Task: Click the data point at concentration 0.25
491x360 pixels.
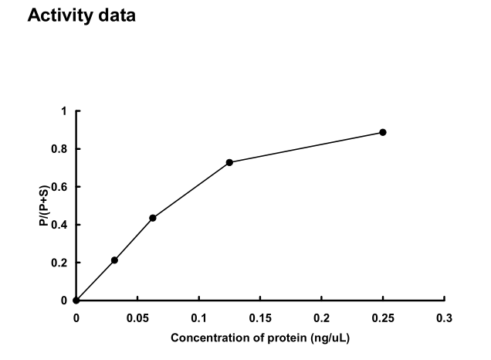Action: (x=382, y=132)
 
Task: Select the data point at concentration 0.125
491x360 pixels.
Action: (x=229, y=162)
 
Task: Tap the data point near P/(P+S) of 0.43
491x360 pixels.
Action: (x=153, y=218)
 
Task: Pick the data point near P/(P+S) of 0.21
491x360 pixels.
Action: (x=114, y=260)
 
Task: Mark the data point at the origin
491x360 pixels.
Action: (x=76, y=301)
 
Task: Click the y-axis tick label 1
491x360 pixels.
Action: (x=65, y=111)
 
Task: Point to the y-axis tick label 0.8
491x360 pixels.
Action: (x=61, y=149)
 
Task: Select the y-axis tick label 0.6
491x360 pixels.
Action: (x=61, y=187)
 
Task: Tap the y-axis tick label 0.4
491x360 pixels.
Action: (x=61, y=225)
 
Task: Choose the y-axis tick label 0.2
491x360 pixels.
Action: (x=61, y=263)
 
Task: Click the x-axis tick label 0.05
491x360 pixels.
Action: (x=137, y=318)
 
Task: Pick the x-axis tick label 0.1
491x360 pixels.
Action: (x=198, y=318)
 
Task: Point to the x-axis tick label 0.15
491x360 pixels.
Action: (x=259, y=318)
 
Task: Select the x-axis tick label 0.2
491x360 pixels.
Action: (x=321, y=318)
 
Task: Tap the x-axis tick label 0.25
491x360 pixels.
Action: (x=382, y=318)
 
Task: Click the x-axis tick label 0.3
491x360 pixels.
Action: (x=444, y=318)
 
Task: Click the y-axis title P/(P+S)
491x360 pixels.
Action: (x=45, y=205)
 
